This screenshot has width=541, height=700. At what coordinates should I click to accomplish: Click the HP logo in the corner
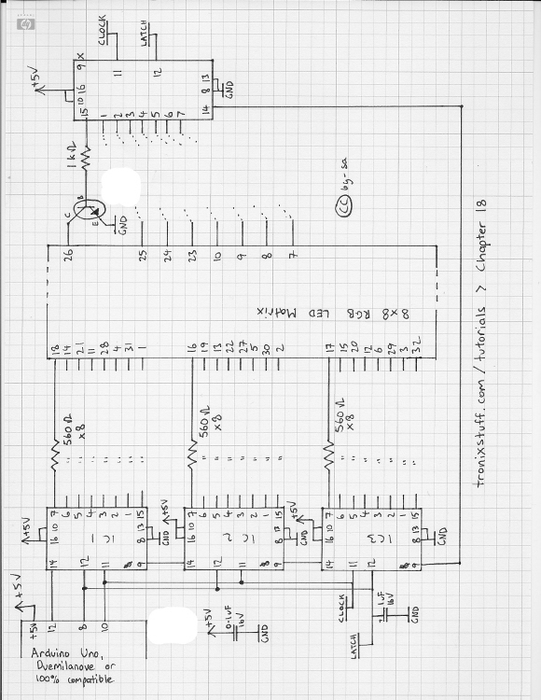click(23, 25)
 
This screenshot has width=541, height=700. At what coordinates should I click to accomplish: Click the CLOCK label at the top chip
click(104, 31)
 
